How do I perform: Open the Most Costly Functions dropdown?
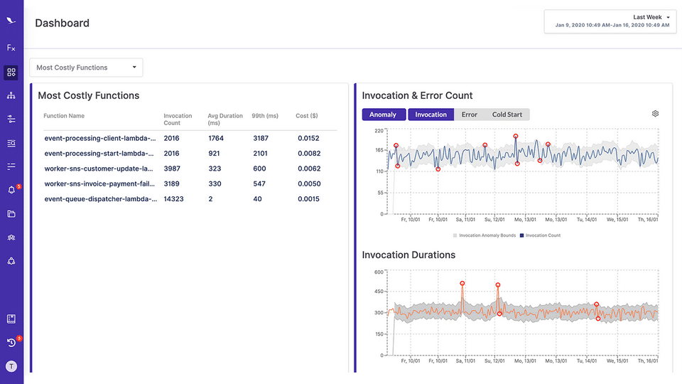(x=86, y=68)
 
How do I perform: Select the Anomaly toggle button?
(x=384, y=114)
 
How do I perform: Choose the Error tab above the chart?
(x=469, y=114)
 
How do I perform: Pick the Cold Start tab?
(x=507, y=114)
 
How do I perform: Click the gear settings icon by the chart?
(x=655, y=114)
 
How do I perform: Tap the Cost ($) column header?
(x=306, y=116)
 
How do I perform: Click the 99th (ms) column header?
(x=264, y=116)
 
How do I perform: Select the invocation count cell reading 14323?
(x=173, y=199)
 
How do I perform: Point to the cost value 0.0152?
(x=308, y=138)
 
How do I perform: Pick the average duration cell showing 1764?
(x=216, y=138)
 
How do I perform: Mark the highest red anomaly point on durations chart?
(x=462, y=283)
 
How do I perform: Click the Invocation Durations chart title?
(x=408, y=255)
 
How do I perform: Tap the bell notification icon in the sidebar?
(x=11, y=190)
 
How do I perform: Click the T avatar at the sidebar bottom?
(x=11, y=366)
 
